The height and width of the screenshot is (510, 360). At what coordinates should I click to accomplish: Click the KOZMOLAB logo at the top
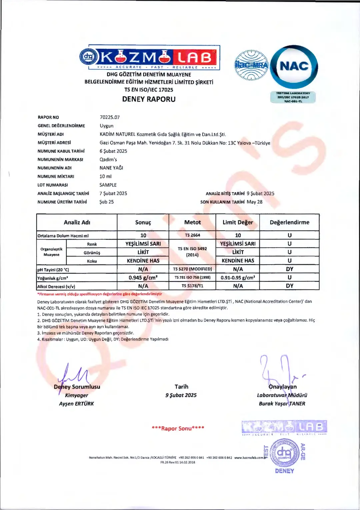149,57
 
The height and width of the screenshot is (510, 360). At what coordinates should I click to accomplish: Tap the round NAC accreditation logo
294,67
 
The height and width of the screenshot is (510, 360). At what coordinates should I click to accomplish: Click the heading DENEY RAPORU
149,99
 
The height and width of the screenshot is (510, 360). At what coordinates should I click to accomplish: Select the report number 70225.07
110,117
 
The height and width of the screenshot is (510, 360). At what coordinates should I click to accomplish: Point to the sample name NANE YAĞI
111,168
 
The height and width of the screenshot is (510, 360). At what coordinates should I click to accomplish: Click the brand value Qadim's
108,159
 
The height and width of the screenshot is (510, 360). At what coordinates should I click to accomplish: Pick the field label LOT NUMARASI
53,185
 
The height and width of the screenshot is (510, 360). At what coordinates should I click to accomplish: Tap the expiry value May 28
255,202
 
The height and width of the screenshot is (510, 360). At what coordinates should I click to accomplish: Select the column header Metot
192,222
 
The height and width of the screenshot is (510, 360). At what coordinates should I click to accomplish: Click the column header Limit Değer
238,222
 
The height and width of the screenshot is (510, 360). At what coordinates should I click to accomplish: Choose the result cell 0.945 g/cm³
143,278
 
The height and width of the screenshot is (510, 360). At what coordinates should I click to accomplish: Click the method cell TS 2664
192,235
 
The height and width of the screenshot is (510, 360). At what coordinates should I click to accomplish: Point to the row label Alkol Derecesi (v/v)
56,286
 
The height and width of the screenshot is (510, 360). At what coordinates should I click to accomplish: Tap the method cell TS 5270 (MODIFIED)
192,269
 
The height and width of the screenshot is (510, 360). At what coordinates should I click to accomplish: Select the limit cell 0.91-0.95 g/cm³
238,278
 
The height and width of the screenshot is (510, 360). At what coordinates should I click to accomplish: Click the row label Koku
92,261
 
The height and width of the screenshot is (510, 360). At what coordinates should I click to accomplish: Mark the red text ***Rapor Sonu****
178,428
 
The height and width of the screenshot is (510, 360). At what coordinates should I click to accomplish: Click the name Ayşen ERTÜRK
76,404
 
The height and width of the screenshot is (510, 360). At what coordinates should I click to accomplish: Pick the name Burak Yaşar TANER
282,404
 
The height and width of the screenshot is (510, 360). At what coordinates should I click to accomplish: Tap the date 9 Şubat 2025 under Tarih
181,395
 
